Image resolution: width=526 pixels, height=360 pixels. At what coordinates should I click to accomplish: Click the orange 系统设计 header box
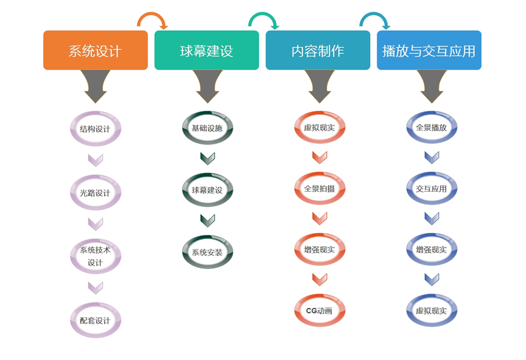pos(96,50)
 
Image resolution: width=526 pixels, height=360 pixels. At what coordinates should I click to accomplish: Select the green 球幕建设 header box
pos(207,50)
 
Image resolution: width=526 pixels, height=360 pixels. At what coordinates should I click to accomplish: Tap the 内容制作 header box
pos(317,50)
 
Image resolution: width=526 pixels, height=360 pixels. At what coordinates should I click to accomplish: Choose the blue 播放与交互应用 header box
pos(429,50)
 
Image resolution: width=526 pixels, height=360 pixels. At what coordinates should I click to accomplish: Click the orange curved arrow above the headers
pos(152,14)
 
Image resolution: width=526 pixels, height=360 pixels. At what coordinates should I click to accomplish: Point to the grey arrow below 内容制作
pos(319,87)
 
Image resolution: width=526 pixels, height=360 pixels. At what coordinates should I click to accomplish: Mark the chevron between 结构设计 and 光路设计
pos(96,160)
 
